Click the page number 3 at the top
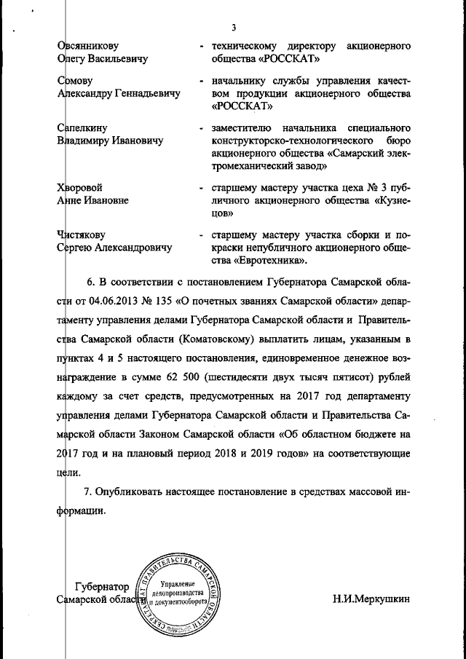point(234,28)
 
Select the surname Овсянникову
point(88,47)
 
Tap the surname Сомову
point(76,80)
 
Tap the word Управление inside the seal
point(177,585)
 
